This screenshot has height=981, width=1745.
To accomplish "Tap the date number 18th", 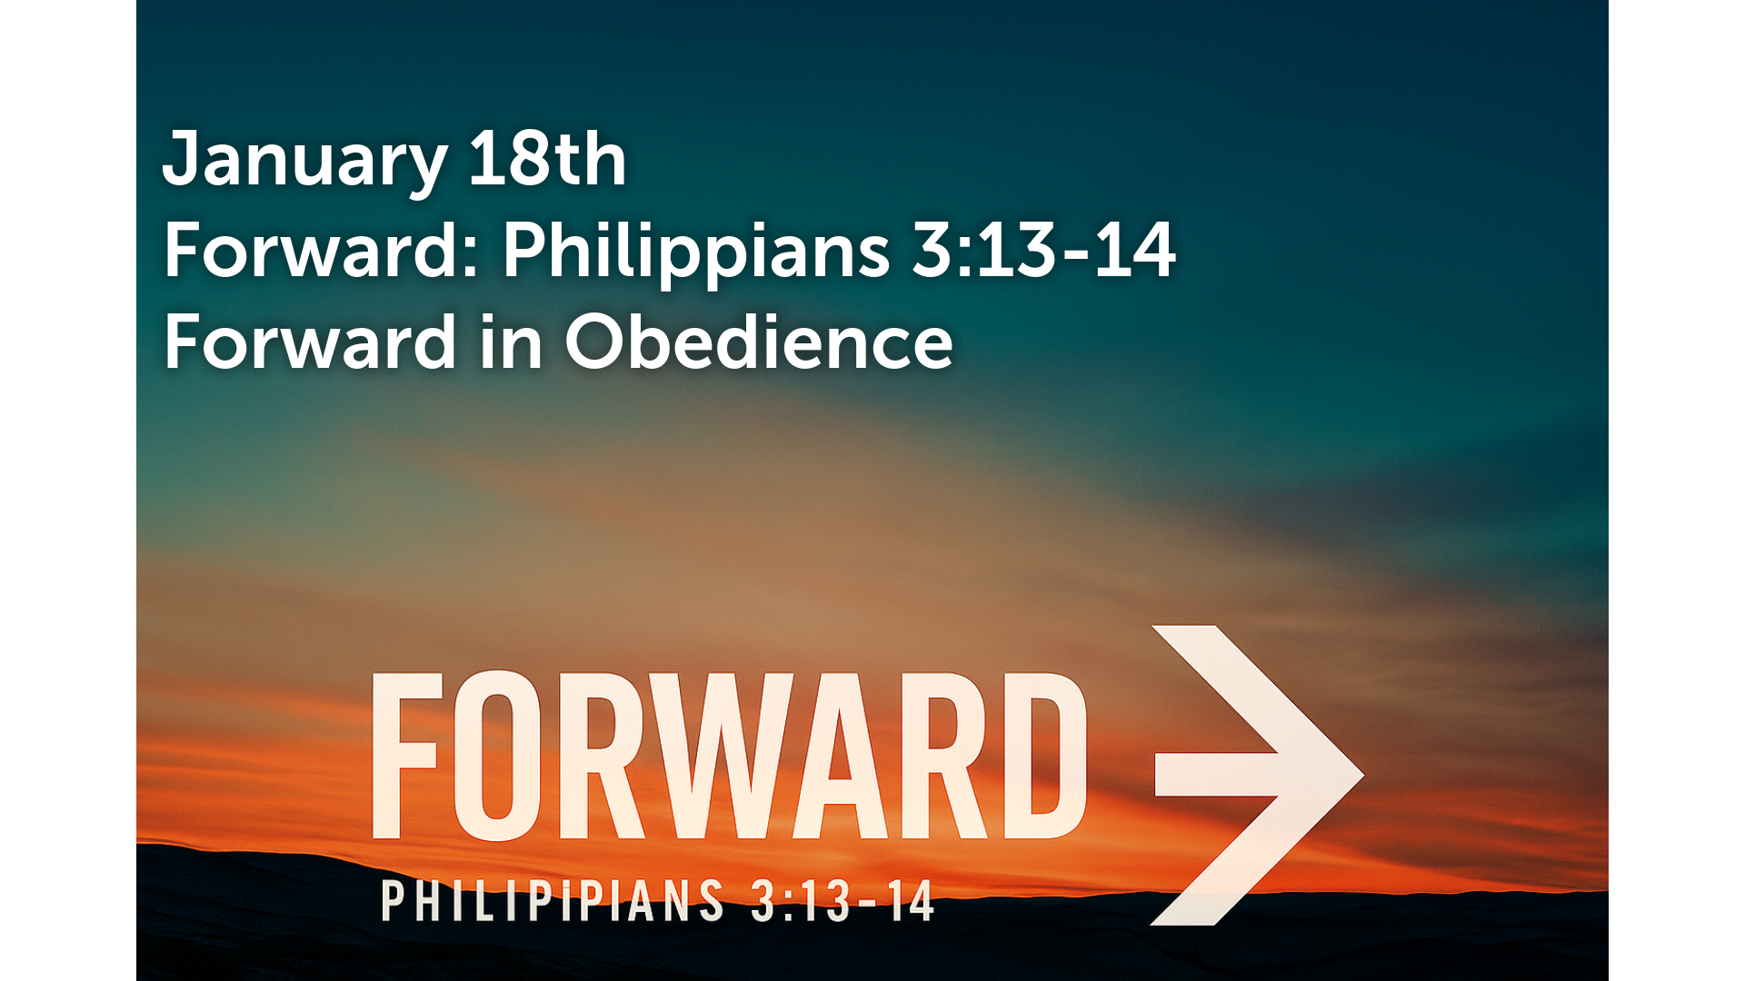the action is coord(547,158).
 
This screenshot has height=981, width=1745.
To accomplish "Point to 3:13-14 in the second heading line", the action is coord(1043,250).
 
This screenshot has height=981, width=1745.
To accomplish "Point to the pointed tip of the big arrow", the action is coord(1364,775).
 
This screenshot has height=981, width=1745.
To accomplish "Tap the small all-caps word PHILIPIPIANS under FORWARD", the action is coord(553,901).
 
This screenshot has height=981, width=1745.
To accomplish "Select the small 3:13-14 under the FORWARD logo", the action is coord(843,901).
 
